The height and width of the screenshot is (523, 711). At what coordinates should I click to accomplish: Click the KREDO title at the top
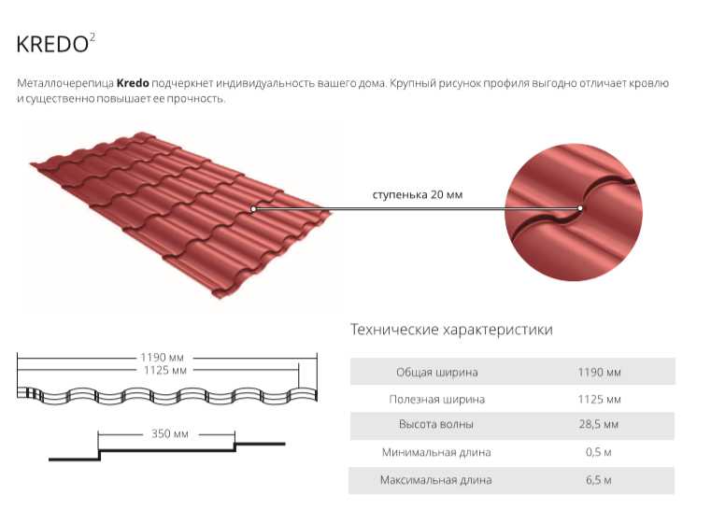click(x=52, y=45)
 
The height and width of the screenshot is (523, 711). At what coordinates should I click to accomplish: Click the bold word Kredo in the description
click(x=133, y=83)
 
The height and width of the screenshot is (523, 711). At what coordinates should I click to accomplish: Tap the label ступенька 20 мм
click(x=418, y=195)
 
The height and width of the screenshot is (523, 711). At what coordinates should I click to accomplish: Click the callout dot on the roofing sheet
click(x=253, y=208)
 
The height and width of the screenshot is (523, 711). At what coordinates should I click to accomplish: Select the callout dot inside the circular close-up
click(x=580, y=208)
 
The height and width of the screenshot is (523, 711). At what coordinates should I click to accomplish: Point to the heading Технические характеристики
click(x=451, y=330)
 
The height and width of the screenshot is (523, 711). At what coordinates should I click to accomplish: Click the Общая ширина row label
click(x=436, y=372)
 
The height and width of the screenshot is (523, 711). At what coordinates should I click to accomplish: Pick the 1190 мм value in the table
click(x=599, y=373)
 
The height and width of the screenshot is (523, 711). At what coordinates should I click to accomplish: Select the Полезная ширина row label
click(x=436, y=400)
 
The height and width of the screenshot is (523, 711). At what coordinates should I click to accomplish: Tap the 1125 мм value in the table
click(x=599, y=400)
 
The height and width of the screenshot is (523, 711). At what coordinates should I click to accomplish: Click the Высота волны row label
click(x=435, y=424)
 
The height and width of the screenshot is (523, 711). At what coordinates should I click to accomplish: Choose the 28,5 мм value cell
click(x=599, y=425)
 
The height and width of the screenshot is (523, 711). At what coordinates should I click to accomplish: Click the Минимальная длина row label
click(x=436, y=452)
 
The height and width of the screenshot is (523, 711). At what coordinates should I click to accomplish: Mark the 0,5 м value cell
click(x=599, y=452)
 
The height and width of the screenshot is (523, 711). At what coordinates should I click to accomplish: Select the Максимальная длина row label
click(x=435, y=480)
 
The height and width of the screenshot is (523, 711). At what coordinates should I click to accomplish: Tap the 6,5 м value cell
click(x=599, y=480)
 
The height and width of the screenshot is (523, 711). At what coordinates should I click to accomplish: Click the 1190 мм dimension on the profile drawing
click(x=162, y=358)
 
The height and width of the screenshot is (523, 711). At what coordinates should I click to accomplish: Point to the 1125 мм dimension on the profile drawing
click(x=165, y=371)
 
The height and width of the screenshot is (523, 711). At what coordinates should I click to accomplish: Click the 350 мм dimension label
click(x=170, y=433)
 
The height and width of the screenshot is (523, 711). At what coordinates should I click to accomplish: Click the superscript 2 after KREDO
click(x=92, y=37)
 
